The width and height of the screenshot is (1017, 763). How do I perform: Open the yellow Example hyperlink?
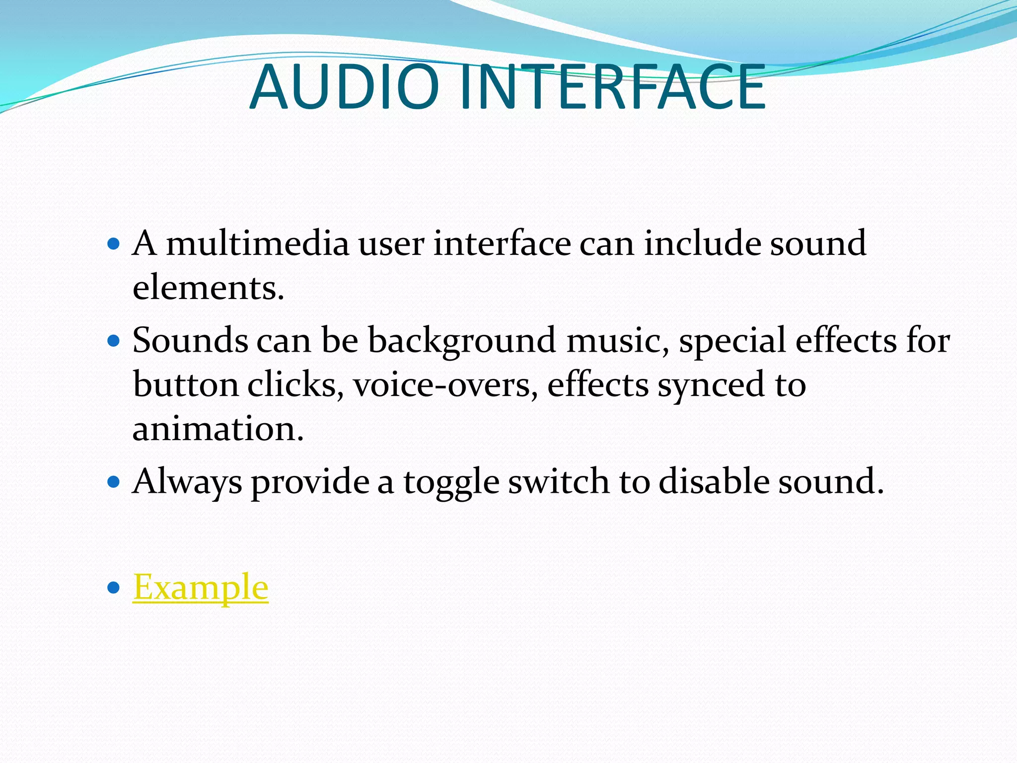200,587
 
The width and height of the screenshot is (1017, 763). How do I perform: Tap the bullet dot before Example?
114,588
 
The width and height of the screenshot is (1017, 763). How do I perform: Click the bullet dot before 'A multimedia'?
114,244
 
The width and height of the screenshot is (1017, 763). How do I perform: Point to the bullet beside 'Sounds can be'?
114,341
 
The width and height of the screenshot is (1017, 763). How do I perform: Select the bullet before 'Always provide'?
114,481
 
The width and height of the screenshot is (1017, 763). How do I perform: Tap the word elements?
208,288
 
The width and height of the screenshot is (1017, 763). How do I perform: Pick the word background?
461,342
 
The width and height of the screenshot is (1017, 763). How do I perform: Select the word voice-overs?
445,385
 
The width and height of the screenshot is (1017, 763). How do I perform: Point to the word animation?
218,429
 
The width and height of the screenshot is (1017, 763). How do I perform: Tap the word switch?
559,481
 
